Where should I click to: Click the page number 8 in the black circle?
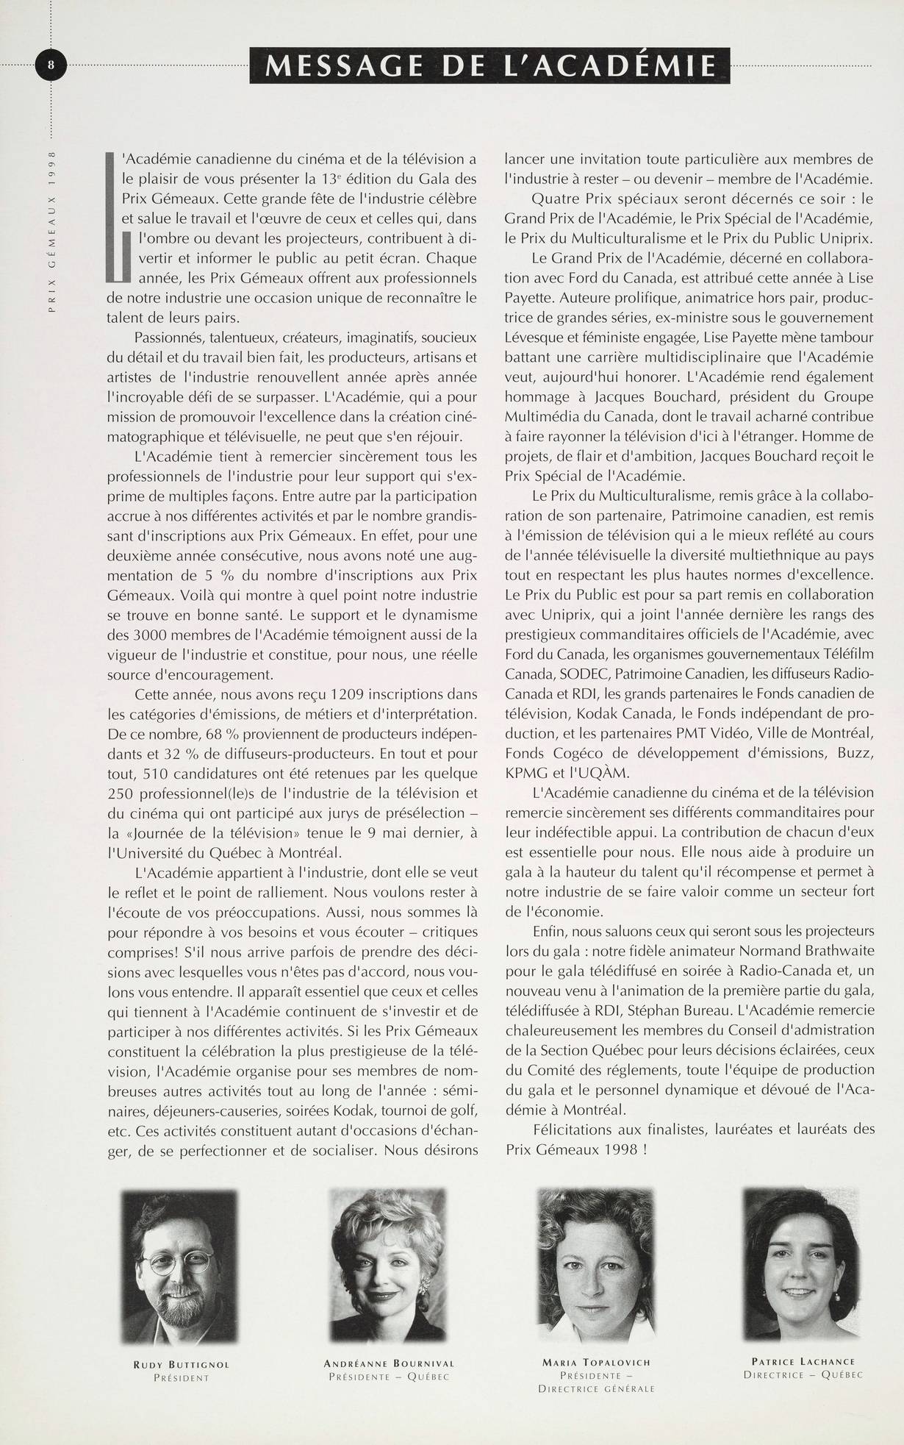[x=51, y=65]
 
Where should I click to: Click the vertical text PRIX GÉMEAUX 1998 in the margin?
[x=51, y=232]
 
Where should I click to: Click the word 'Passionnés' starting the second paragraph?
[x=168, y=338]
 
